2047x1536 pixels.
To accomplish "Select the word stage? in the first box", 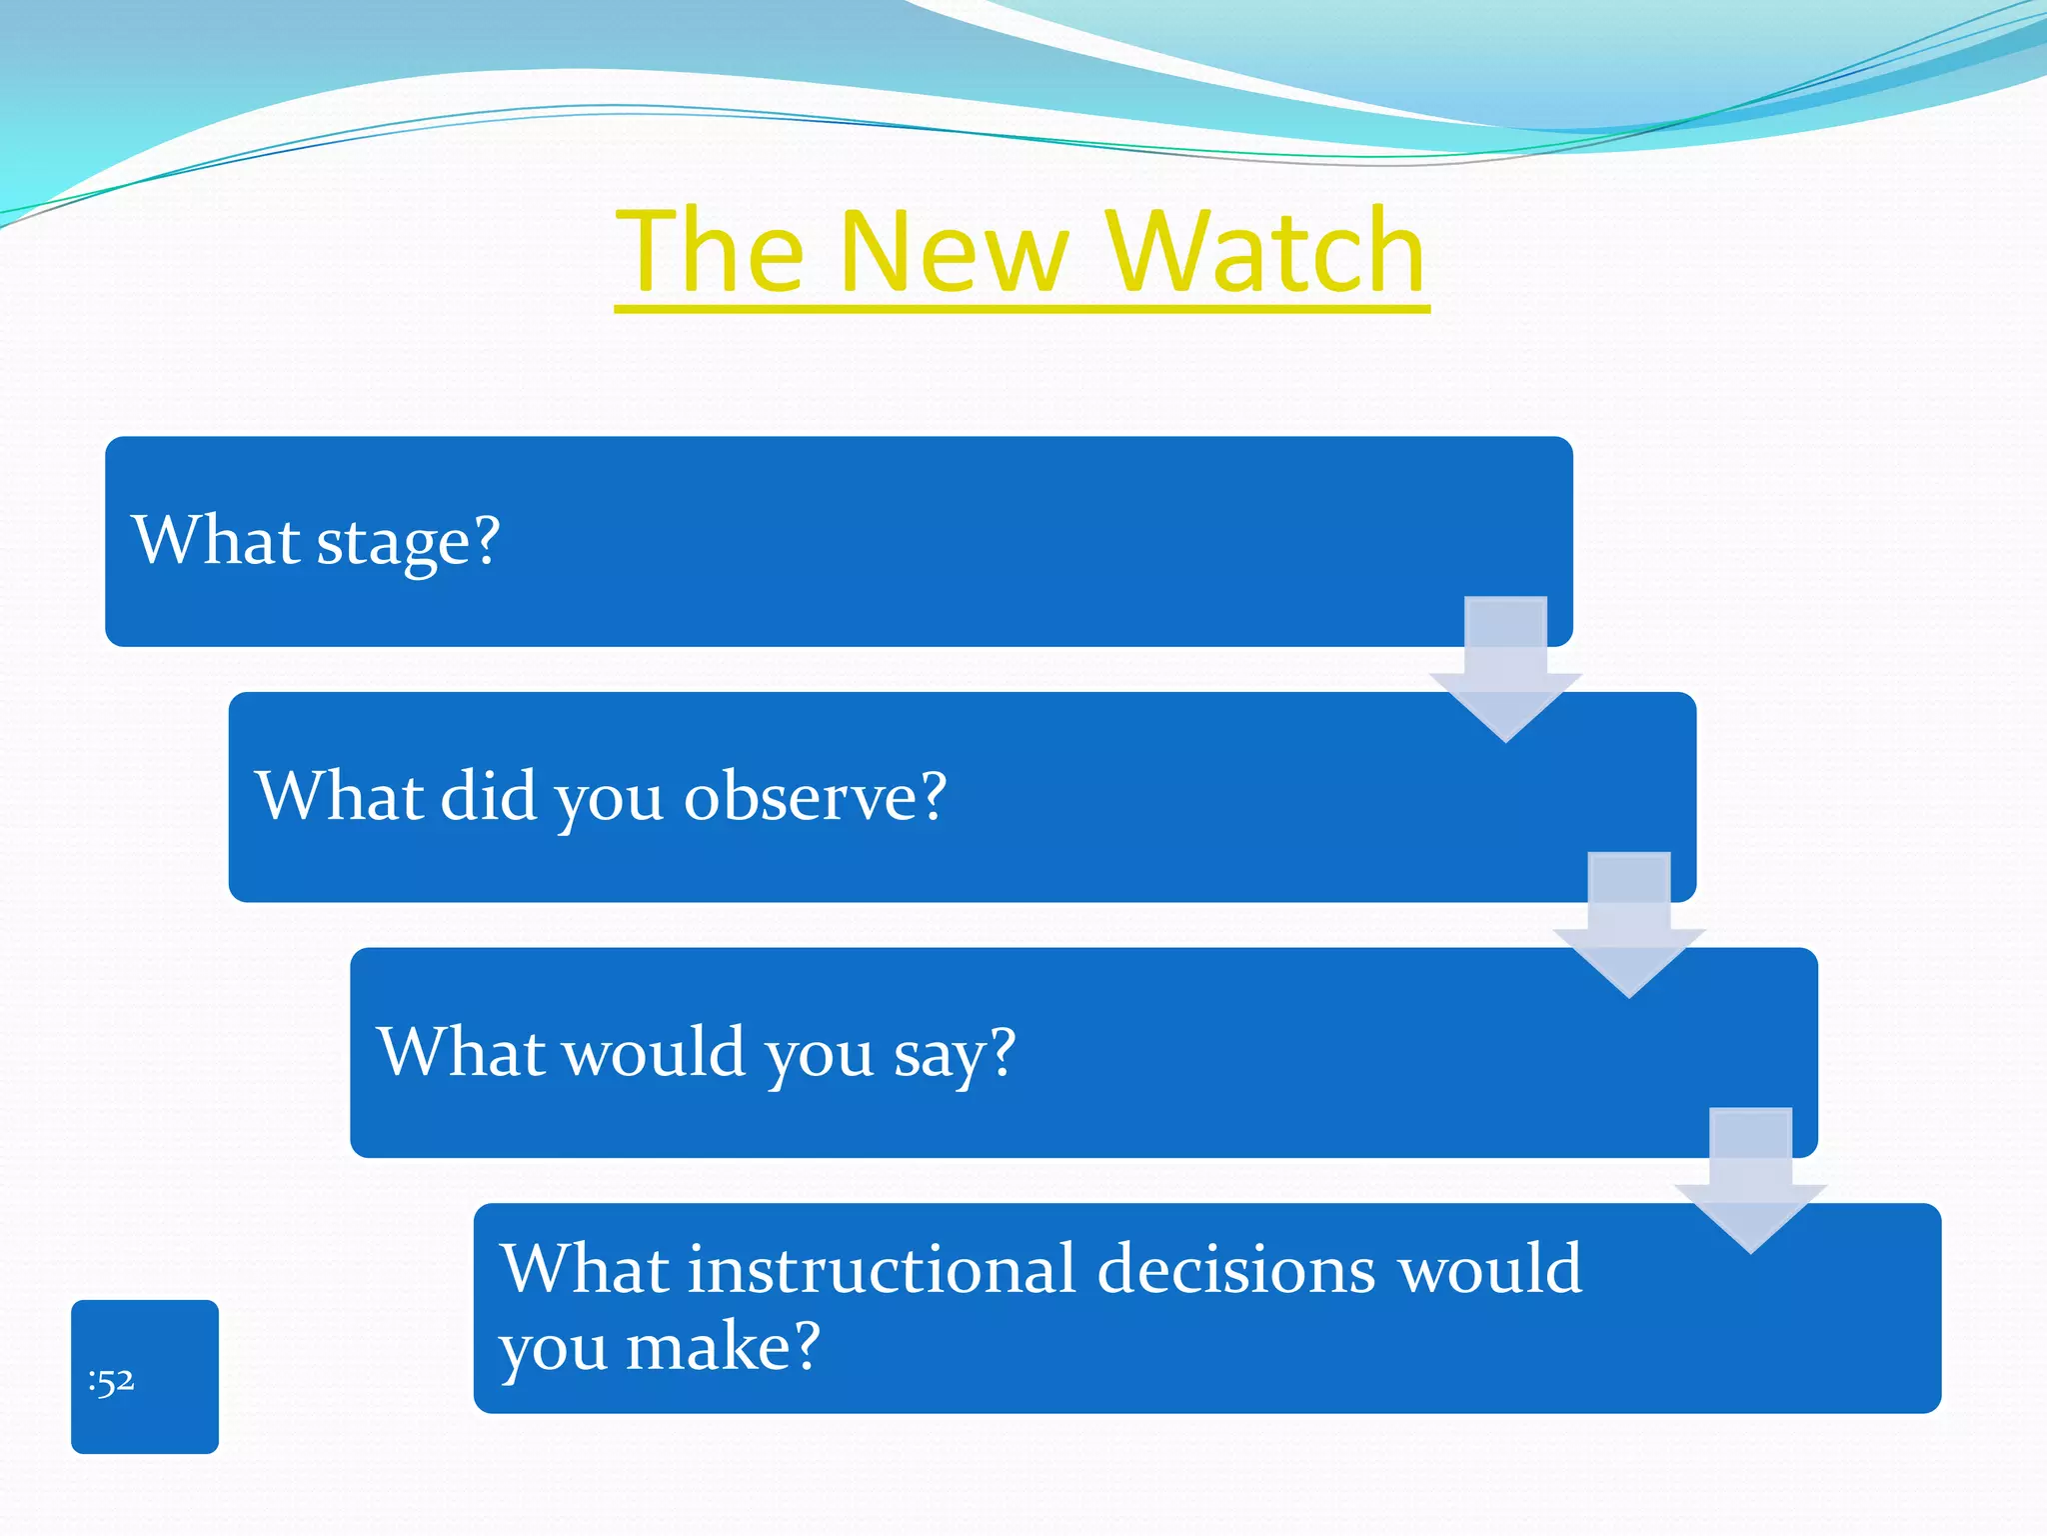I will pos(408,542).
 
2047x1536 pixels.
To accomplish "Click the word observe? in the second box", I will pos(815,797).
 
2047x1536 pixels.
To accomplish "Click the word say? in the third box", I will pos(955,1053).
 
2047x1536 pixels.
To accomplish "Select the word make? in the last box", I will pos(723,1346).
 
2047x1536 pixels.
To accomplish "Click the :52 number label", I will pos(111,1381).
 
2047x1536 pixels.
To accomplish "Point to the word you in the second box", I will pos(609,800).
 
